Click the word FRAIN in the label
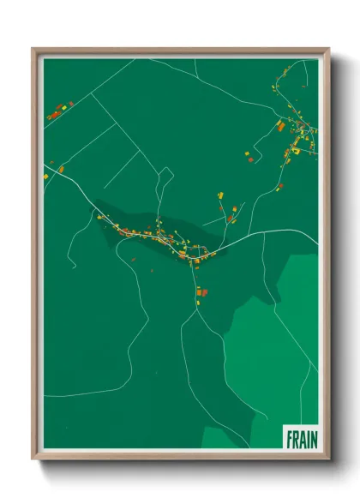click(x=300, y=439)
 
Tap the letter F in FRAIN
click(x=289, y=439)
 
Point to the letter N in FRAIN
click(x=312, y=439)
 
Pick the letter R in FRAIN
click(x=295, y=439)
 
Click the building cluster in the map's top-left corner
click(x=58, y=111)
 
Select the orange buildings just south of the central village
click(x=202, y=292)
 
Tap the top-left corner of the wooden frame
click(x=34, y=50)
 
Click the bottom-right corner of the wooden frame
click(x=327, y=458)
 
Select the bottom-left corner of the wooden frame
click(x=34, y=458)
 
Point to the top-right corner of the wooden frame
click(x=327, y=50)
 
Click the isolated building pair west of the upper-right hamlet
click(x=250, y=156)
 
